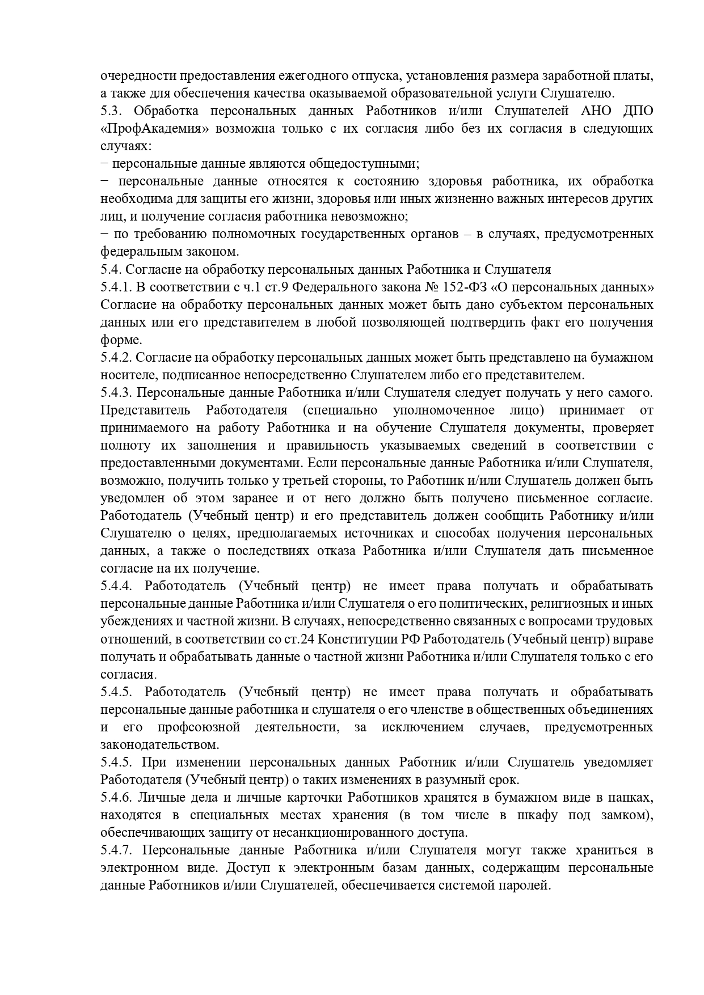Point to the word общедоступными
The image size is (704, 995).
(x=366, y=164)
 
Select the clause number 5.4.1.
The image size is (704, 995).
(x=115, y=287)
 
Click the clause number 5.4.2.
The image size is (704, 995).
(x=115, y=358)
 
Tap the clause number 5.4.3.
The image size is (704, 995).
(x=115, y=393)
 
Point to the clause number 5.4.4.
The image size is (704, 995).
(x=115, y=586)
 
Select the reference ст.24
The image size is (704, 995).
(x=296, y=640)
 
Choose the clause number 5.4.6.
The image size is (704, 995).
(x=115, y=798)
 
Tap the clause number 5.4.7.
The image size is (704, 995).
(x=115, y=850)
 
